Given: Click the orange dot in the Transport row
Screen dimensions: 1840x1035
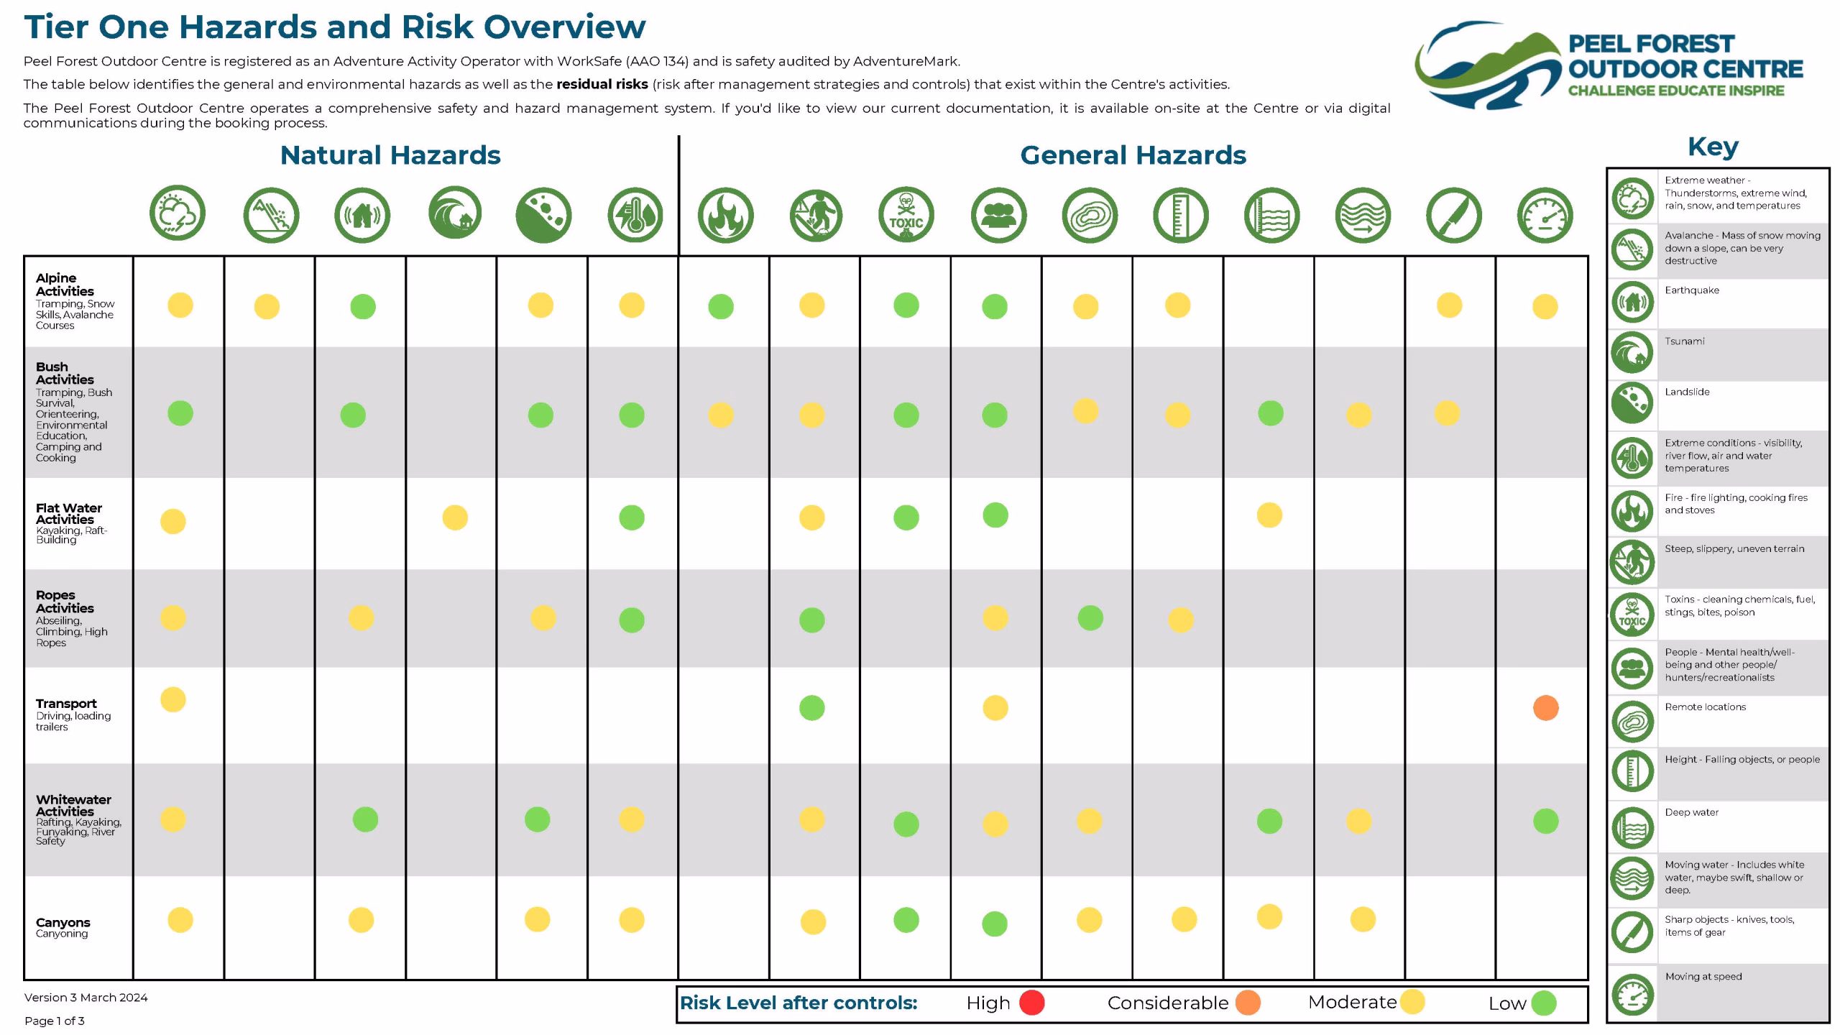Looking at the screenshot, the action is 1545,708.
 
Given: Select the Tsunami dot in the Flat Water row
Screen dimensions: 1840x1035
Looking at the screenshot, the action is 455,517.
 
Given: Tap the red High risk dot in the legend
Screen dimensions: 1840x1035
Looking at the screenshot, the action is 1032,1003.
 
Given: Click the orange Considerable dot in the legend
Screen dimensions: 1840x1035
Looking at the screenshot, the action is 1248,1003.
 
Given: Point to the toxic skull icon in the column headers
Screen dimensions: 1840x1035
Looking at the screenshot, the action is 906,215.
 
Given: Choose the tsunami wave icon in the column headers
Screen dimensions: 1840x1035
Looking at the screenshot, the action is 455,213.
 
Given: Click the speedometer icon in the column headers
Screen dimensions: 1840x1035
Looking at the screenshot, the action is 1545,215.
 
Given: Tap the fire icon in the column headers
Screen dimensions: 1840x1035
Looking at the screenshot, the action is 725,215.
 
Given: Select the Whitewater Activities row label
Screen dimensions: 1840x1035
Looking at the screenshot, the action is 73,805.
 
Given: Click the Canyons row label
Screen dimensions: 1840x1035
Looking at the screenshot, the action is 63,922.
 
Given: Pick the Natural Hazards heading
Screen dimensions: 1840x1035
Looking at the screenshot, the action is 390,155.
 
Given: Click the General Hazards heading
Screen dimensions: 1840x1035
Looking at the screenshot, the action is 1133,155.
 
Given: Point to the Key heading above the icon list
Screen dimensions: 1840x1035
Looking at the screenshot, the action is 1713,147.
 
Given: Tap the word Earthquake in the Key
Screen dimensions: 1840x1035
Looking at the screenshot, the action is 1692,290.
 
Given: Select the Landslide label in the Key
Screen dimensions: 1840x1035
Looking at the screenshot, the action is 1687,392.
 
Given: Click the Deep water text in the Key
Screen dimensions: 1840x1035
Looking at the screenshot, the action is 1691,812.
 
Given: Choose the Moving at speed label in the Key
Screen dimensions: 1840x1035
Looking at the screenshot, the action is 1703,976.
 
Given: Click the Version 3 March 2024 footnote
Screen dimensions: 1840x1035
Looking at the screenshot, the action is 86,997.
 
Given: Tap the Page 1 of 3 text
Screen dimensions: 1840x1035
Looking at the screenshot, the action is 55,1021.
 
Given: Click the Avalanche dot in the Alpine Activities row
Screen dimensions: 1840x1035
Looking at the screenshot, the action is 267,307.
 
